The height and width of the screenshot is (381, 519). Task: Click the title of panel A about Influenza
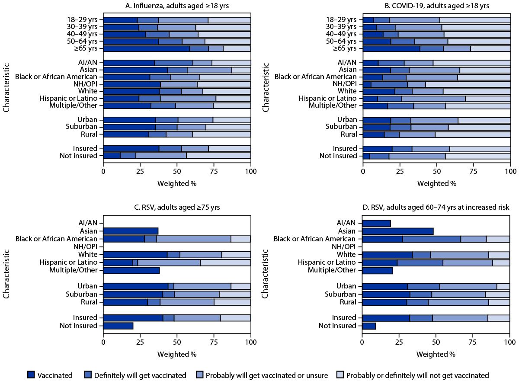177,6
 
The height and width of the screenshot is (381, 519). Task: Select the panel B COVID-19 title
436,6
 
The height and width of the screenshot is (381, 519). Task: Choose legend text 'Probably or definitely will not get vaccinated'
418,375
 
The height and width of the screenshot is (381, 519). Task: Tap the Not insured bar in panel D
369,326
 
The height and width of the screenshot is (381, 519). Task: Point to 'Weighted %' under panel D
436,354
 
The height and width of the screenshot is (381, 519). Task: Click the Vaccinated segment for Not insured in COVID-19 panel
366,156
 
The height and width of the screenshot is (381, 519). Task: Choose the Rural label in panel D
348,302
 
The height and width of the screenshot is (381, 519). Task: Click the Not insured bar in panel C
118,326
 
